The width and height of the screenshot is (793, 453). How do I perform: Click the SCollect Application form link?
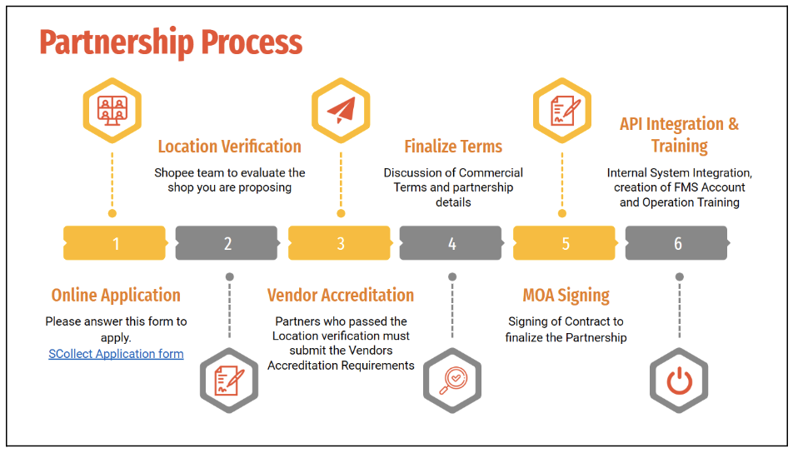click(116, 354)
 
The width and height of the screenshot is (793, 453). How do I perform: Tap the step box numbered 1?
click(116, 243)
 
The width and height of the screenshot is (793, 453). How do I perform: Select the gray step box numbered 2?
click(227, 243)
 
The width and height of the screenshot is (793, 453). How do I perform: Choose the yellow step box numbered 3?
click(340, 243)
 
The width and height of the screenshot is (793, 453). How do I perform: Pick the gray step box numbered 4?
click(451, 243)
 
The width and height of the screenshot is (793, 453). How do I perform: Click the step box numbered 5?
click(565, 243)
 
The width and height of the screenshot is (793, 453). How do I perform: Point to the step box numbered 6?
click(677, 243)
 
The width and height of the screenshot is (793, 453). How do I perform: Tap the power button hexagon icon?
click(679, 381)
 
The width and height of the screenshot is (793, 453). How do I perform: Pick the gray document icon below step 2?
click(229, 381)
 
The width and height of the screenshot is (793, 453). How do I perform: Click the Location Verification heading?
click(230, 147)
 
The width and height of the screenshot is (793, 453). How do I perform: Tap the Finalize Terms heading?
click(453, 147)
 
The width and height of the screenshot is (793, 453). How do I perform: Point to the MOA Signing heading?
click(566, 296)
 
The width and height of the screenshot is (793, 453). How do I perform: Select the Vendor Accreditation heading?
click(341, 295)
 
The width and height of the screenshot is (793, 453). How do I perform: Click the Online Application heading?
click(116, 295)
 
